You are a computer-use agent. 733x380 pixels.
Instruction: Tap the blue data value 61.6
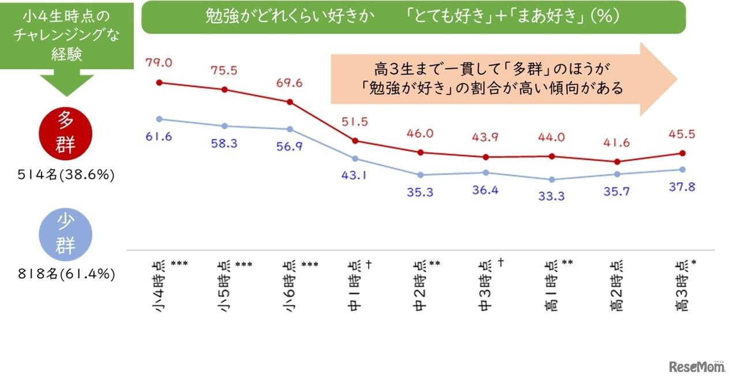click(160, 137)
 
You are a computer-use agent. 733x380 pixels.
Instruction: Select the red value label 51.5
click(355, 122)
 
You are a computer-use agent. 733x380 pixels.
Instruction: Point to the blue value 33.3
click(552, 196)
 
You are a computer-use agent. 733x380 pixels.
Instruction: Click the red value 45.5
click(683, 134)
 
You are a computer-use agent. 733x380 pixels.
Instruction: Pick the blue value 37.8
click(683, 187)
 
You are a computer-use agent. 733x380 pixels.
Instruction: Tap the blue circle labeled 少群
click(65, 235)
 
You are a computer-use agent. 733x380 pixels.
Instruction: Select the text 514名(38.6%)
click(65, 174)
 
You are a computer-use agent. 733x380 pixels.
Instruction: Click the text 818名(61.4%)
click(65, 275)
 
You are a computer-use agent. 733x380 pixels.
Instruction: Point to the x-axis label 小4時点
click(159, 286)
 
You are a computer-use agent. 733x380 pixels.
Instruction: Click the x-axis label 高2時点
click(617, 286)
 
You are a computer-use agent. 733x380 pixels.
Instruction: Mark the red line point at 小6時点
click(290, 102)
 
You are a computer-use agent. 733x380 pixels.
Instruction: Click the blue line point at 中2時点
click(420, 175)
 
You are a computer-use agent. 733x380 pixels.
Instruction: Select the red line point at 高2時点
click(617, 161)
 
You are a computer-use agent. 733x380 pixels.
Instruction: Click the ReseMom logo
click(696, 366)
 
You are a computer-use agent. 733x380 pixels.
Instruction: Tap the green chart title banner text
click(413, 16)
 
